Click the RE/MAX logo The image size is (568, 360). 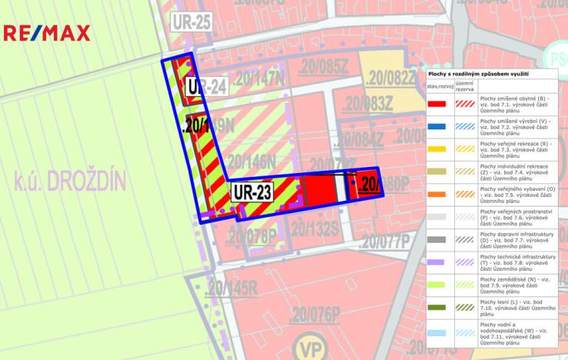(46, 33)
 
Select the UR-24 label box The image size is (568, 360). (205, 86)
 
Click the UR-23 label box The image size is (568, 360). (252, 192)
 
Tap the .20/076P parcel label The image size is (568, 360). (315, 315)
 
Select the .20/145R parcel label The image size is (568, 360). (232, 289)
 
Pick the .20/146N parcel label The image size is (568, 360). (250, 162)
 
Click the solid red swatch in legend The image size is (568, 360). (437, 103)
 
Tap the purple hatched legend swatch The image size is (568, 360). (464, 262)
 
